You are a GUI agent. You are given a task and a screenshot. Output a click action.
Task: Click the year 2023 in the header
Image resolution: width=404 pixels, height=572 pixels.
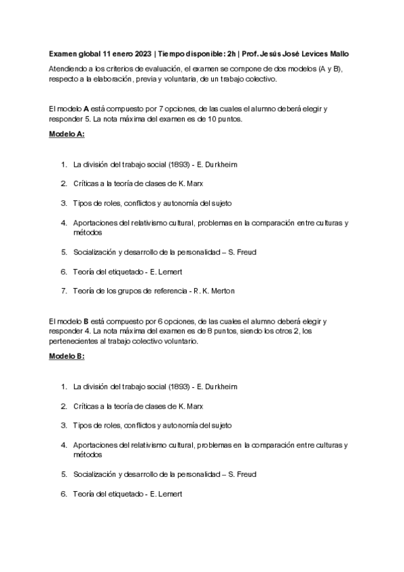tap(143, 54)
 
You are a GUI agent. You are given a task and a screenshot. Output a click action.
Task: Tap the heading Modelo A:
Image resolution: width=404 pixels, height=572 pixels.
tap(67, 134)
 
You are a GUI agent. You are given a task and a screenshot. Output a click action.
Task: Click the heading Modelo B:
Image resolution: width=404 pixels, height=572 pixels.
tap(67, 357)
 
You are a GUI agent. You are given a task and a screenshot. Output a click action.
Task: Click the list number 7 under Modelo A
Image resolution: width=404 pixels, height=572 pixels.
tap(63, 291)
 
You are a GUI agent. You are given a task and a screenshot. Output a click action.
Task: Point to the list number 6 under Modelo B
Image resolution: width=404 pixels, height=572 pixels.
tap(63, 494)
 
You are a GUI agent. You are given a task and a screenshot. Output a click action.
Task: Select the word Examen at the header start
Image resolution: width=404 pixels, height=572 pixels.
tap(63, 54)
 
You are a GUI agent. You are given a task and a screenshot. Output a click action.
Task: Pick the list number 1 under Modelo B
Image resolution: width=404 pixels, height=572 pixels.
tap(63, 387)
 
